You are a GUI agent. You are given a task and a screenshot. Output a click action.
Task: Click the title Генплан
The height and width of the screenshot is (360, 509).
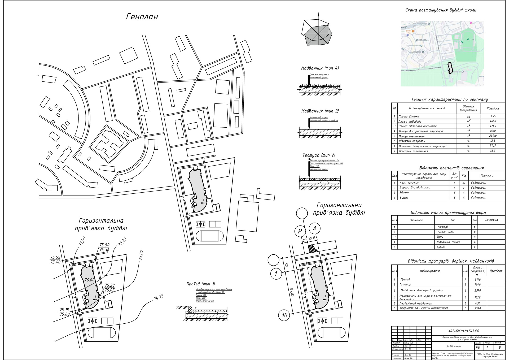pyautogui.click(x=142, y=17)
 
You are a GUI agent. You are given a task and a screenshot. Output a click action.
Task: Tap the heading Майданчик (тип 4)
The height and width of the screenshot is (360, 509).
pyautogui.click(x=320, y=68)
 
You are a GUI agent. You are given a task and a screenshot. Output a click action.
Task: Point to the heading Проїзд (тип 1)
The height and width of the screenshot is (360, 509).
pyautogui.click(x=201, y=284)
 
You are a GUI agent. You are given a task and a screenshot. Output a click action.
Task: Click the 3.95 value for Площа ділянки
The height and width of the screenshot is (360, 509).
pyautogui.click(x=493, y=116)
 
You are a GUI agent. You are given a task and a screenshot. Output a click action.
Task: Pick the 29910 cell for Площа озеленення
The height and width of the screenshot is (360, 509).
pyautogui.click(x=493, y=136)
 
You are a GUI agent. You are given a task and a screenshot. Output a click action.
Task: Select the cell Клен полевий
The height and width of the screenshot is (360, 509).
pyautogui.click(x=409, y=183)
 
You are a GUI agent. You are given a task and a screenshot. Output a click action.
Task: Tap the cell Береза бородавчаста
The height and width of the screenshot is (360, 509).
pyautogui.click(x=415, y=188)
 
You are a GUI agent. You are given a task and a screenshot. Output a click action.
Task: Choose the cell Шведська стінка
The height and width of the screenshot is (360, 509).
pyautogui.click(x=448, y=242)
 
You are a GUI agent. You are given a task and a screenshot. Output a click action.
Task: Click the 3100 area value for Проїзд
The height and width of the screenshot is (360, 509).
pyautogui.click(x=477, y=279)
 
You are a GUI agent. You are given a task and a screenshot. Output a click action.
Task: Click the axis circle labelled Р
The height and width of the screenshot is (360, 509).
pyautogui.click(x=300, y=231)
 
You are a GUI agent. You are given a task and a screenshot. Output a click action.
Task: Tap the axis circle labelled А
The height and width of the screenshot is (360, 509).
pyautogui.click(x=315, y=228)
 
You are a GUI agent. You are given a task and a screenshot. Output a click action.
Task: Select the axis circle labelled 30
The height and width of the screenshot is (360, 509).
pyautogui.click(x=284, y=315)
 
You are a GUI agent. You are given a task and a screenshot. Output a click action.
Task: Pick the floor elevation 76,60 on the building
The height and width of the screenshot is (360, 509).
pyautogui.click(x=90, y=280)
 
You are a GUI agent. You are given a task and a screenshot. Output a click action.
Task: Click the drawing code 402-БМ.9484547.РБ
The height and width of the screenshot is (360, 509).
pyautogui.click(x=468, y=331)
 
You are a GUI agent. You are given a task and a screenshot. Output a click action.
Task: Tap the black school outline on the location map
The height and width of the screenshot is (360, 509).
pyautogui.click(x=449, y=68)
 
